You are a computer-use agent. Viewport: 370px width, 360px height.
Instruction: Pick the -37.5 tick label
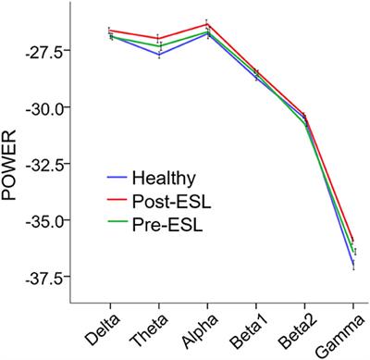43,277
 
